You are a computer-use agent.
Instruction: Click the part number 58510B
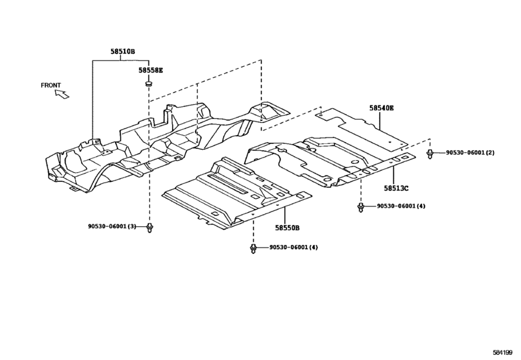click(123, 51)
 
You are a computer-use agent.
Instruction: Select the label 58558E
click(151, 70)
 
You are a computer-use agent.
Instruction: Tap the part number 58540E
click(382, 108)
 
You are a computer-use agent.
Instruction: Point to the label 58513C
click(396, 188)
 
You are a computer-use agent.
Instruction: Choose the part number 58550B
click(287, 228)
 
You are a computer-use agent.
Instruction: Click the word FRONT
click(51, 85)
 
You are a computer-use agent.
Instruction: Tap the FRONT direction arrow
click(62, 94)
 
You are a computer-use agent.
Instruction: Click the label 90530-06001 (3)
click(112, 226)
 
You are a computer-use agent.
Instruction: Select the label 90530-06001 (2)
click(470, 152)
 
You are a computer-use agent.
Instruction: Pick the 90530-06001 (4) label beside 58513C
click(401, 206)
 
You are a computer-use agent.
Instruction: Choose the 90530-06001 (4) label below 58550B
click(294, 248)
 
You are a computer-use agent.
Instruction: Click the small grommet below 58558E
click(148, 84)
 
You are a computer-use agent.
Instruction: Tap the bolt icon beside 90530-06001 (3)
click(150, 228)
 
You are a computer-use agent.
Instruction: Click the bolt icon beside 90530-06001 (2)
click(430, 154)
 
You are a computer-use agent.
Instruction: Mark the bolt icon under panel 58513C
click(361, 207)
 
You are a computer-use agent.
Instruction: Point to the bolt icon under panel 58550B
click(253, 249)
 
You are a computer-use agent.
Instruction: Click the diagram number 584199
click(502, 352)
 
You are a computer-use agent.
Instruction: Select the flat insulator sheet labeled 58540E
click(362, 128)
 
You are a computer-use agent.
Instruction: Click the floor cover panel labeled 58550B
click(236, 194)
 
